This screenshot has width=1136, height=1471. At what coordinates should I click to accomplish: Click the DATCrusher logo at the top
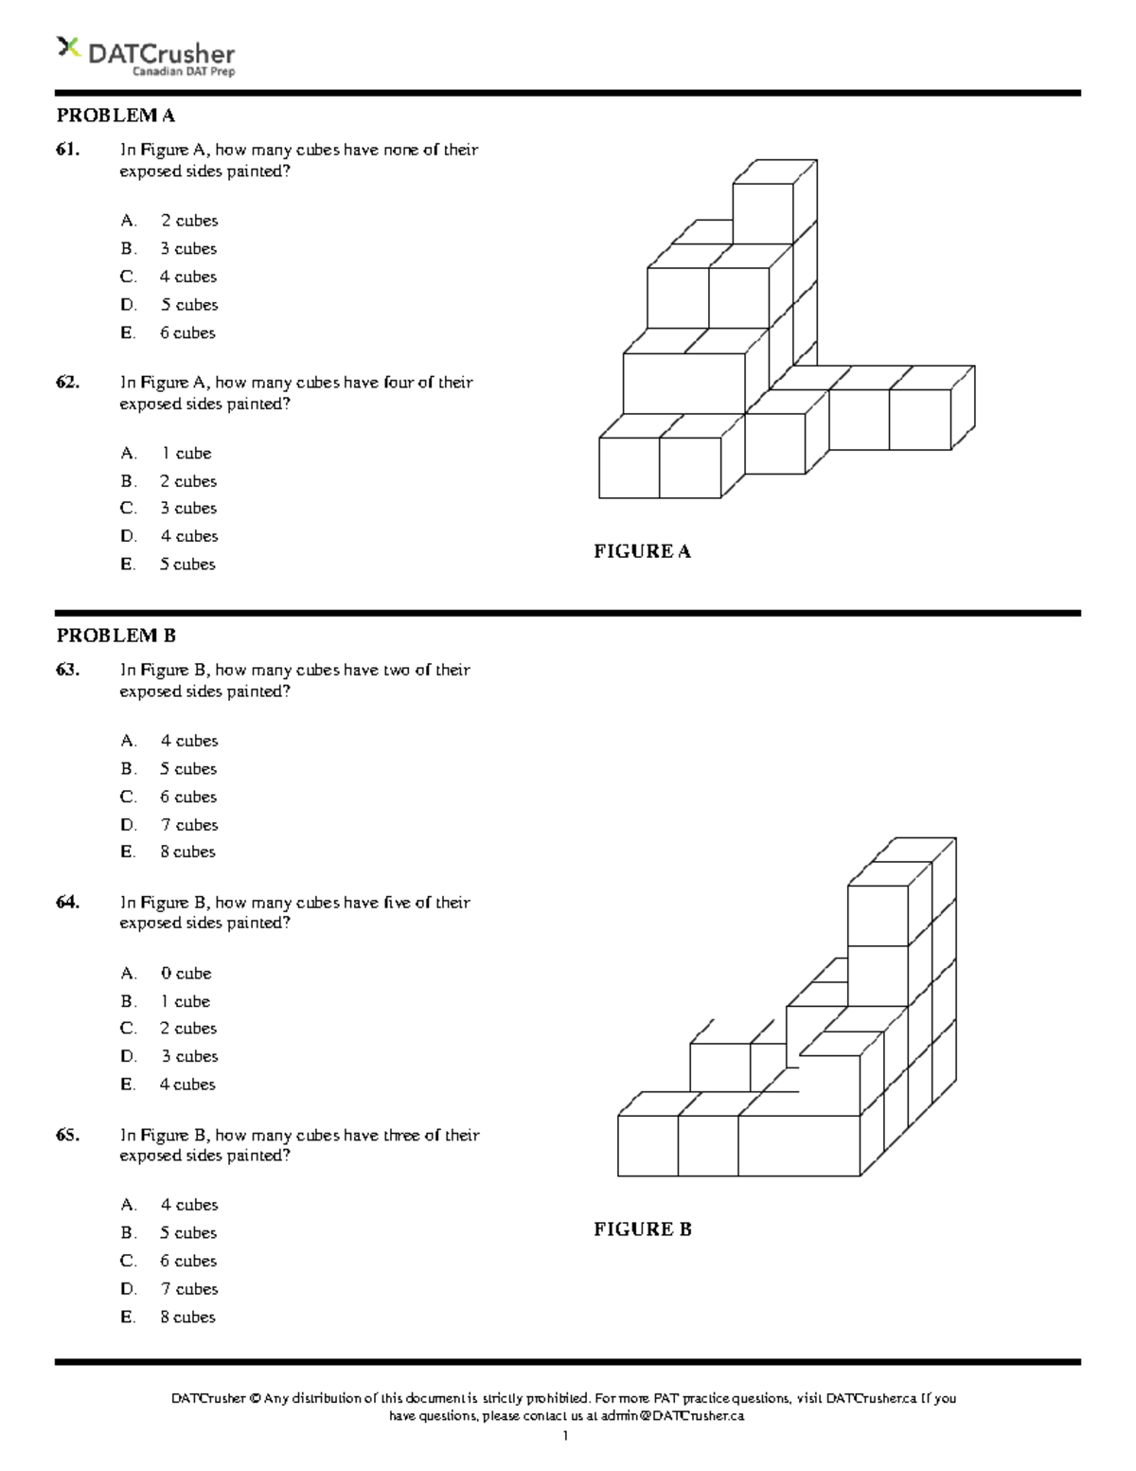click(146, 56)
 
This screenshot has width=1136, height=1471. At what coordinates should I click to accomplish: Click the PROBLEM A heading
click(115, 116)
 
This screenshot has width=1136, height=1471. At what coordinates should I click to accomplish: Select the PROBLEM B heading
click(115, 636)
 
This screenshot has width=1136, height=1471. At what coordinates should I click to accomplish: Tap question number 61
click(67, 150)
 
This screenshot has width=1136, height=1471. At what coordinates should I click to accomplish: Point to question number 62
click(67, 383)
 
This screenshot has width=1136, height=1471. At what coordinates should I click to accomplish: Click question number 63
click(67, 670)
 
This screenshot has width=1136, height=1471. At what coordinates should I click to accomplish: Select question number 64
click(67, 903)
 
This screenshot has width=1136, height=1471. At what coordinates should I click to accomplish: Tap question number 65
click(67, 1135)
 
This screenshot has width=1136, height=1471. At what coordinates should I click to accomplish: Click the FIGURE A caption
click(642, 551)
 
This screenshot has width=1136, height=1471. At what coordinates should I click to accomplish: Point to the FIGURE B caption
click(642, 1229)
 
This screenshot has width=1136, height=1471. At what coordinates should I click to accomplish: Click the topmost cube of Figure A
click(763, 212)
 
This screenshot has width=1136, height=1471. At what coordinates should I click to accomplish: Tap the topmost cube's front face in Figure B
click(878, 915)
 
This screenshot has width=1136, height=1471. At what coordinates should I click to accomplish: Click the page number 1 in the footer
click(565, 1437)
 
